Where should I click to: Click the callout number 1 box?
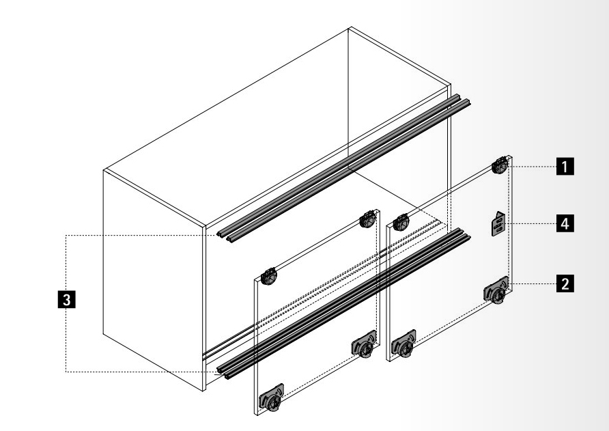pyautogui.click(x=565, y=167)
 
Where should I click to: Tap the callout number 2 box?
pyautogui.click(x=565, y=283)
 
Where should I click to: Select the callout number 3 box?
pyautogui.click(x=66, y=300)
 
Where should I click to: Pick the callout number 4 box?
pyautogui.click(x=565, y=223)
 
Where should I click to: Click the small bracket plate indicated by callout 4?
pyautogui.click(x=498, y=223)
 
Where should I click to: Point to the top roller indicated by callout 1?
pyautogui.click(x=500, y=165)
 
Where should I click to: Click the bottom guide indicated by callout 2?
pyautogui.click(x=496, y=290)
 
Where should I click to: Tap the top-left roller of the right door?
pyautogui.click(x=401, y=222)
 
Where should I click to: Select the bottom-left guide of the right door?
pyautogui.click(x=404, y=344)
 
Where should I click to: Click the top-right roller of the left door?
pyautogui.click(x=368, y=219)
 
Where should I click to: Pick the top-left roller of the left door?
pyautogui.click(x=269, y=276)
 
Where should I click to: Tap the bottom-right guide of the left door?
pyautogui.click(x=365, y=344)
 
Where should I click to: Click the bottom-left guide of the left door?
pyautogui.click(x=272, y=398)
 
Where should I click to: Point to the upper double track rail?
pyautogui.click(x=343, y=168)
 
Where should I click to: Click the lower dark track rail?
pyautogui.click(x=343, y=303)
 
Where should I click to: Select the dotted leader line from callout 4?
pyautogui.click(x=530, y=223)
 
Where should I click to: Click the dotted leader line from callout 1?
pyautogui.click(x=532, y=167)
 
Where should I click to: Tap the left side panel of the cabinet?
pyautogui.click(x=154, y=280)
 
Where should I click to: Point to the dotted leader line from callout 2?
pyautogui.click(x=532, y=283)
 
